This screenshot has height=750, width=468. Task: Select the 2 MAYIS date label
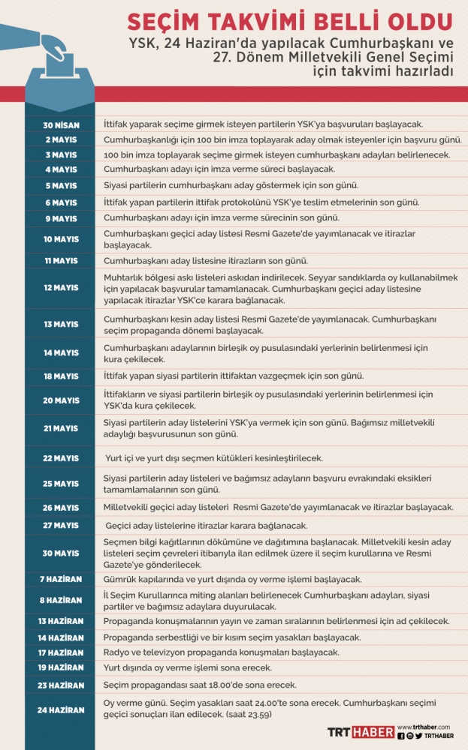point(60,139)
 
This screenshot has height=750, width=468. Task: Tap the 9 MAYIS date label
point(60,218)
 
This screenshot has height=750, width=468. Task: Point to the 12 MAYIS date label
point(60,288)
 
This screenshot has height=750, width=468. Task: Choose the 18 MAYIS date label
point(60,376)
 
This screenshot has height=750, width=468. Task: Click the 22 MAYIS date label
point(60,457)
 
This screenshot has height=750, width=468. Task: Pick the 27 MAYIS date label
point(60,526)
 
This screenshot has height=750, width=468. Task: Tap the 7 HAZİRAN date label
point(60,579)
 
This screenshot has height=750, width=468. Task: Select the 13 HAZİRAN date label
point(60,621)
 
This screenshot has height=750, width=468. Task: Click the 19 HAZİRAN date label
point(60,667)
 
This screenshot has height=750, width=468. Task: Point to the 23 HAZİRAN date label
point(60,685)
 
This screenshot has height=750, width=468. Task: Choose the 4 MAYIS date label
point(60,169)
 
